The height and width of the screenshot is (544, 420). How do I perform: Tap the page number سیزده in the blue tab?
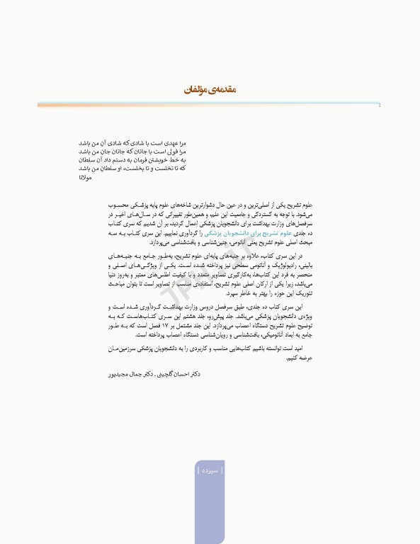(209, 470)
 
